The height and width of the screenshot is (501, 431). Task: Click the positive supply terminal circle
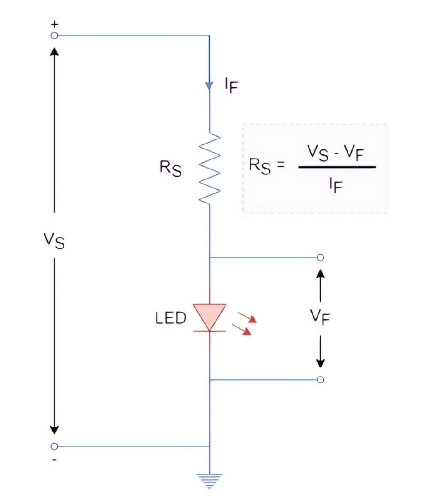[x=54, y=35]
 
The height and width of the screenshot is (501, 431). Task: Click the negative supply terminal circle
[x=54, y=446]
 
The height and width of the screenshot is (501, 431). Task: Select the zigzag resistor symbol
[x=209, y=169]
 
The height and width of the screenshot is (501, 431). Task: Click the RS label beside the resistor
[x=171, y=168]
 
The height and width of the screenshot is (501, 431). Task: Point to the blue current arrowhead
[x=209, y=85]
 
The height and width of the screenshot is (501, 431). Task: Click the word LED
[x=171, y=318]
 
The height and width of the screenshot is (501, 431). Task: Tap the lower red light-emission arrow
[x=242, y=330]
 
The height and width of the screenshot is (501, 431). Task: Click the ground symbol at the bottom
[x=209, y=480]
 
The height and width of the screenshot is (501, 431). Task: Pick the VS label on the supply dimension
[x=54, y=241]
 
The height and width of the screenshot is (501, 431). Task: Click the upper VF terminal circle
[x=320, y=258]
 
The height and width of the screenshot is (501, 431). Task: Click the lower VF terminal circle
[x=320, y=380]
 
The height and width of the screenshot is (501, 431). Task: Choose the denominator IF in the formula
[x=334, y=186]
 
